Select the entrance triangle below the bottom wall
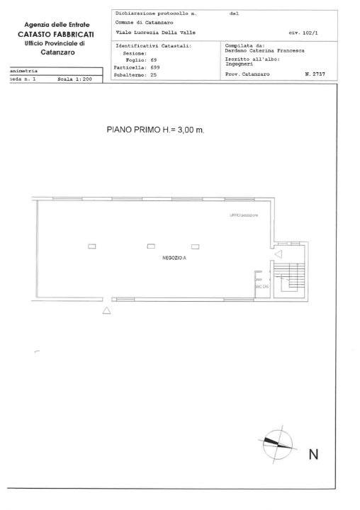(107, 310)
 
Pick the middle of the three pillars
(151, 246)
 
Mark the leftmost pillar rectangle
(91, 246)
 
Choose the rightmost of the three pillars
(195, 246)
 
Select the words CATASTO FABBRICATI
(56, 34)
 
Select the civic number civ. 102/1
(303, 33)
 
